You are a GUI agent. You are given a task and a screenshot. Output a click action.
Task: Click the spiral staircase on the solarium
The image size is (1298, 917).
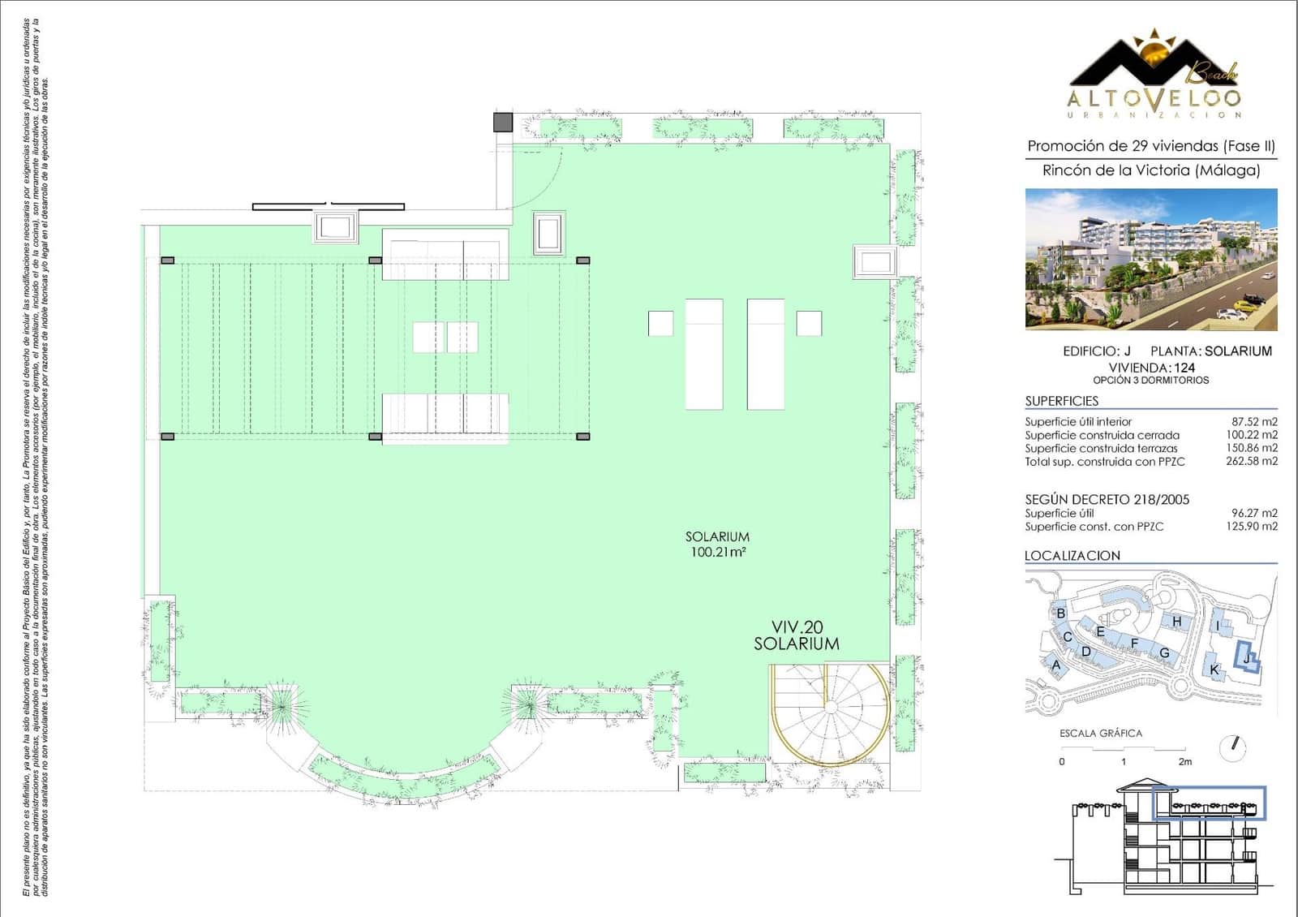pyautogui.click(x=830, y=713)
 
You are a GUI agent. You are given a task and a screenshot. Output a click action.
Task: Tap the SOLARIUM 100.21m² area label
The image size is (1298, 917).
pyautogui.click(x=717, y=544)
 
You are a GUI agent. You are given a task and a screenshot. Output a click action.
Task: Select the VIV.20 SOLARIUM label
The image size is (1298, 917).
pyautogui.click(x=796, y=635)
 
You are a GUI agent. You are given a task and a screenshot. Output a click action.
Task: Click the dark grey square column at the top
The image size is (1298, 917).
pyautogui.click(x=504, y=123)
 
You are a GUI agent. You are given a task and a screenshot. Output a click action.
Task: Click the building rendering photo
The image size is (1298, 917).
pyautogui.click(x=1150, y=259)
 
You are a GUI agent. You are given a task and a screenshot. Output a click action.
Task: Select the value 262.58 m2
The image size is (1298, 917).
pyautogui.click(x=1251, y=461)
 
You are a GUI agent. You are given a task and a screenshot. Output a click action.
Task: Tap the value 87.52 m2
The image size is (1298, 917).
pyautogui.click(x=1254, y=421)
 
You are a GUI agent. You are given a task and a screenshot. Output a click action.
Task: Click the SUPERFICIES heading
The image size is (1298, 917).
pyautogui.click(x=1061, y=401)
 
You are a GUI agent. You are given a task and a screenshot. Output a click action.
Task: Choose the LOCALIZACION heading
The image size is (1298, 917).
pyautogui.click(x=1072, y=555)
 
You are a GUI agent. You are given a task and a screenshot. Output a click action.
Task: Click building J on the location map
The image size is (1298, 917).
pyautogui.click(x=1246, y=659)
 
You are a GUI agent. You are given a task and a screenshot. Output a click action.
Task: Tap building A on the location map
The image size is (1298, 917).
pyautogui.click(x=1056, y=665)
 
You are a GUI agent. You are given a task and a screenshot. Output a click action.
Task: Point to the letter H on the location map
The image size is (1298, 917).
pyautogui.click(x=1176, y=622)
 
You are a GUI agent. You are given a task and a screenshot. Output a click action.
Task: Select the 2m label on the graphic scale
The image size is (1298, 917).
pyautogui.click(x=1184, y=761)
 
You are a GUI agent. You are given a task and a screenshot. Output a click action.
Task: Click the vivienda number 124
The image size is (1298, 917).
pyautogui.click(x=1184, y=368)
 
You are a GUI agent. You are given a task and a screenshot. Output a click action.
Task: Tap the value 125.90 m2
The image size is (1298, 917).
pyautogui.click(x=1251, y=526)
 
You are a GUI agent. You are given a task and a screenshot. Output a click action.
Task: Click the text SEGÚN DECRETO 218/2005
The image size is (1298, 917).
pyautogui.click(x=1107, y=499)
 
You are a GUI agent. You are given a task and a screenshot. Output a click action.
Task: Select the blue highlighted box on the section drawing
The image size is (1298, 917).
pyautogui.click(x=1209, y=803)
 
